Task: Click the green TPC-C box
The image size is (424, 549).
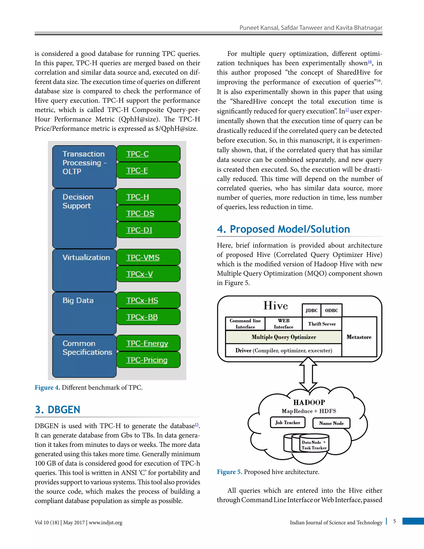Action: [x=148, y=154]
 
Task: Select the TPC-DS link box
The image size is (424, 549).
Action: [x=148, y=213]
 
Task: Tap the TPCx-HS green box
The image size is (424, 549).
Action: [x=148, y=300]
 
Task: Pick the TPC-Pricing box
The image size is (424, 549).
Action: [x=148, y=360]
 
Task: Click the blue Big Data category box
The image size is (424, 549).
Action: [x=84, y=313]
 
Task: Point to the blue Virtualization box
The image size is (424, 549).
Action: [x=84, y=270]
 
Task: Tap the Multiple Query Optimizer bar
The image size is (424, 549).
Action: [x=284, y=337]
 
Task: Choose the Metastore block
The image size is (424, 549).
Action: [x=359, y=337]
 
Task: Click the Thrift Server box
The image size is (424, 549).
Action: [x=322, y=324]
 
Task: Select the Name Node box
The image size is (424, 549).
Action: [x=331, y=423]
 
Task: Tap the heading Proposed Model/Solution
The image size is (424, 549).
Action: [x=283, y=229]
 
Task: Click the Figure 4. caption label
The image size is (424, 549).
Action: [x=47, y=387]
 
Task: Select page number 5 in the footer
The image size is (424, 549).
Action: [x=394, y=521]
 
